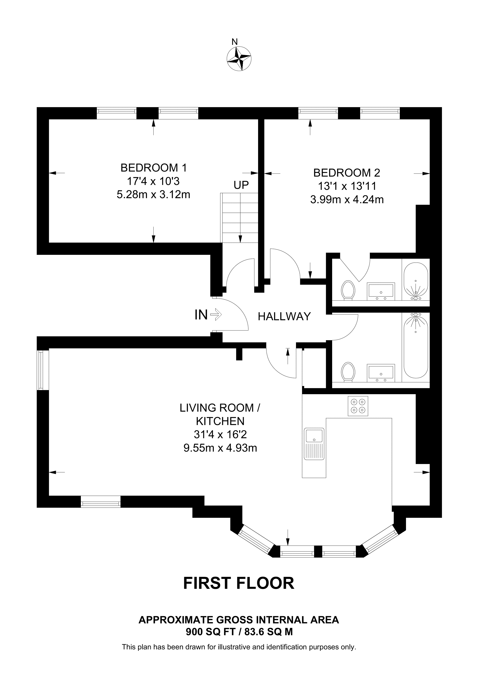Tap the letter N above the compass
[x=235, y=42]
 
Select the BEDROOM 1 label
[x=154, y=168]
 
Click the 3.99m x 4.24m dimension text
[x=347, y=200]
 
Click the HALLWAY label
[x=284, y=317]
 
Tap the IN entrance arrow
[x=216, y=314]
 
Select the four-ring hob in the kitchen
[x=358, y=406]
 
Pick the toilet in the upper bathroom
[x=348, y=290]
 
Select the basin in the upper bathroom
[x=381, y=291]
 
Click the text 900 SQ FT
[x=211, y=632]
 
